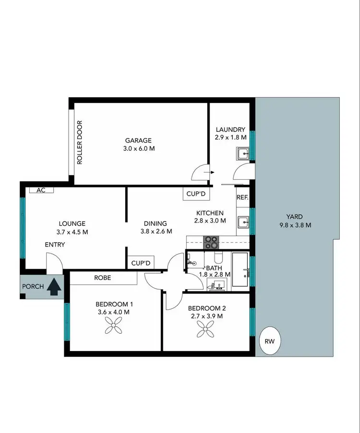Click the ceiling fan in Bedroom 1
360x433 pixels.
(x=114, y=328)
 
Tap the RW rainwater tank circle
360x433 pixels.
(x=270, y=342)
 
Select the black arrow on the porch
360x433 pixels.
(x=55, y=286)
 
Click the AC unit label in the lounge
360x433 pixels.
(x=41, y=190)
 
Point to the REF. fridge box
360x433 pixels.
(x=242, y=197)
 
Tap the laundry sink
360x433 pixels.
(x=242, y=154)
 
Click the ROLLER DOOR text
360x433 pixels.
(x=80, y=143)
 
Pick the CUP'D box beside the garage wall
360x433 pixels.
(x=196, y=193)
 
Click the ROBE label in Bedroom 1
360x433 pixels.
(x=103, y=277)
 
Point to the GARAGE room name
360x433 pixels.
(x=138, y=140)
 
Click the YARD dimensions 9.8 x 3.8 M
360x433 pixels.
(x=295, y=225)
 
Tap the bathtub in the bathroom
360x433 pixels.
(x=241, y=270)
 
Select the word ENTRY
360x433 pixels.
(x=55, y=245)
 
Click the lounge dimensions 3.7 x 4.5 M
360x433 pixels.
(x=72, y=232)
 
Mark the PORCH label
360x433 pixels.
(x=33, y=287)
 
